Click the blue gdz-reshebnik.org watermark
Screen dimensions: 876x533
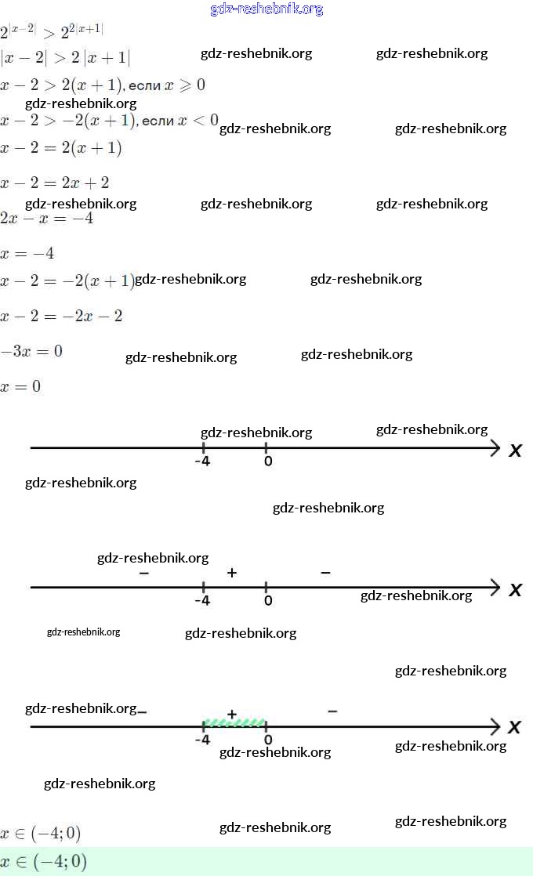point(266,9)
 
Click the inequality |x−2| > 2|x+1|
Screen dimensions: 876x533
point(65,58)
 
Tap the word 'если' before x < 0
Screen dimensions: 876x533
point(159,121)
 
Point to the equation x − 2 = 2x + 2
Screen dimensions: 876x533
point(55,183)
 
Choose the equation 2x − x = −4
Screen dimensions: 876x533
point(47,219)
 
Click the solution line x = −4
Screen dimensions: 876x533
point(27,254)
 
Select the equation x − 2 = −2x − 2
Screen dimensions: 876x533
point(61,317)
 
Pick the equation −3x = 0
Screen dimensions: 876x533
point(31,351)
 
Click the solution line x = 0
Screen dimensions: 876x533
point(21,386)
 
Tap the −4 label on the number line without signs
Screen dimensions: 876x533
point(202,462)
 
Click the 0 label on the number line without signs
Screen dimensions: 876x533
point(268,462)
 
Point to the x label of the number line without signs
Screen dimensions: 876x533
point(515,451)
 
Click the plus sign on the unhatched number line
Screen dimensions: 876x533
point(231,574)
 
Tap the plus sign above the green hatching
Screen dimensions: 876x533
point(231,714)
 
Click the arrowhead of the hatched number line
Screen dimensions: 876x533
point(495,726)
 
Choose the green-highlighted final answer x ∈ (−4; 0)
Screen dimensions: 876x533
point(44,862)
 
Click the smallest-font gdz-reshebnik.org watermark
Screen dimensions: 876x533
point(84,632)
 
